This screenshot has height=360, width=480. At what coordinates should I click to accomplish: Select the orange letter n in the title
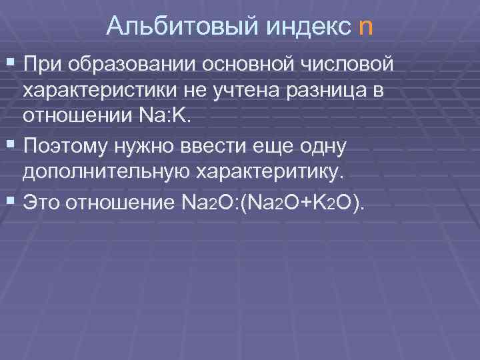tap(366, 27)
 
